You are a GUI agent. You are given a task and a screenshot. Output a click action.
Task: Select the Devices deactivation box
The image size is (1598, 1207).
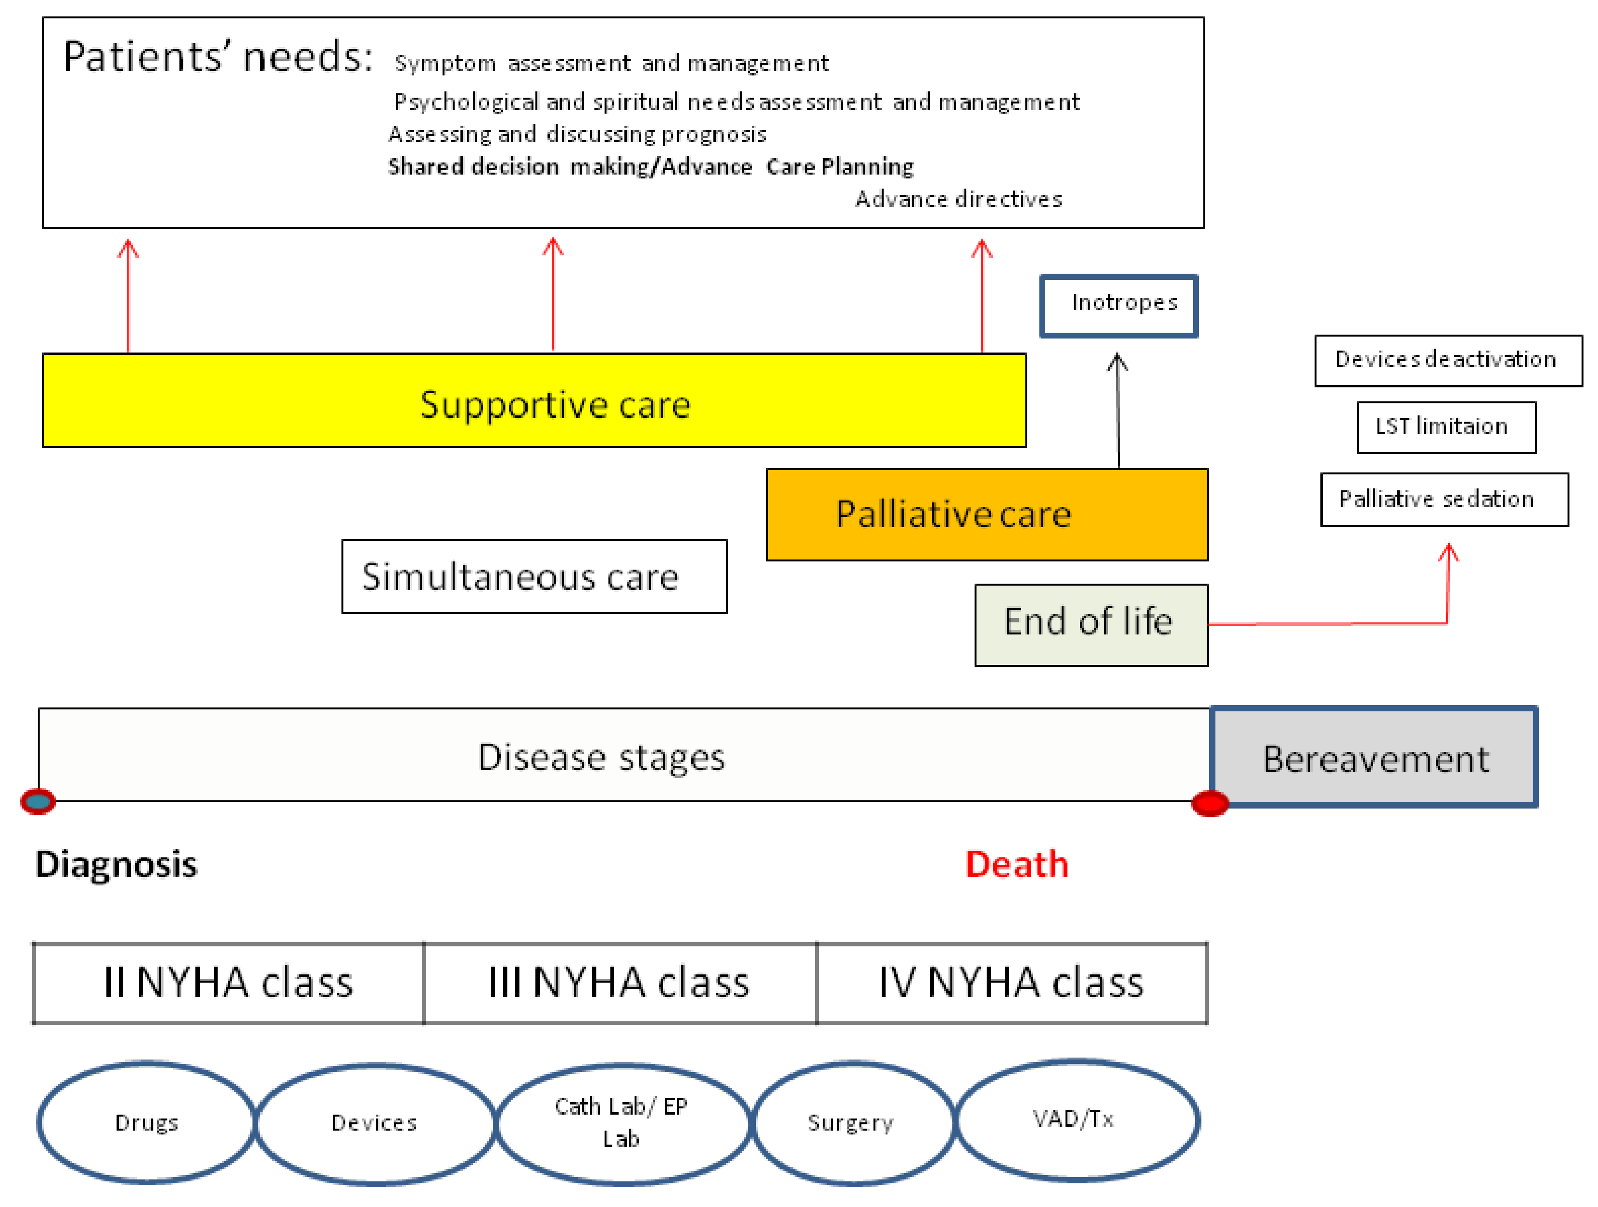click(1448, 360)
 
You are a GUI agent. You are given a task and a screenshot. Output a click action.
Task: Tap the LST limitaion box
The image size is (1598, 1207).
click(1446, 427)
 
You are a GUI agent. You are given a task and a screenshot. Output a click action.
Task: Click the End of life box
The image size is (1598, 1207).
click(1091, 625)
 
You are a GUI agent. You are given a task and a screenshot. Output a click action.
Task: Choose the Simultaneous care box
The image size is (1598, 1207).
click(534, 576)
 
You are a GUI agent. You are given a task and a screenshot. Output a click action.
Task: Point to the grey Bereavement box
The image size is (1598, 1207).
click(1374, 757)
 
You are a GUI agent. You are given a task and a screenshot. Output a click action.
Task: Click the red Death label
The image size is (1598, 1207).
click(1017, 865)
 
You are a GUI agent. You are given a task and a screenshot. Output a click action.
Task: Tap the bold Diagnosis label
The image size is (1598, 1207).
click(116, 865)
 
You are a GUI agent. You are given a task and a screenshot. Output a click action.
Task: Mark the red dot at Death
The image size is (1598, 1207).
click(1209, 803)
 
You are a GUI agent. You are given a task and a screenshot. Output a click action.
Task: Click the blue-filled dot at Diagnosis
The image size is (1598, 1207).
click(38, 801)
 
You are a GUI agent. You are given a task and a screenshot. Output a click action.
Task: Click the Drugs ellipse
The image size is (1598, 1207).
click(147, 1122)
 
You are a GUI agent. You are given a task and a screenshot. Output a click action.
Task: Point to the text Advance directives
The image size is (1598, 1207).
click(959, 199)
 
